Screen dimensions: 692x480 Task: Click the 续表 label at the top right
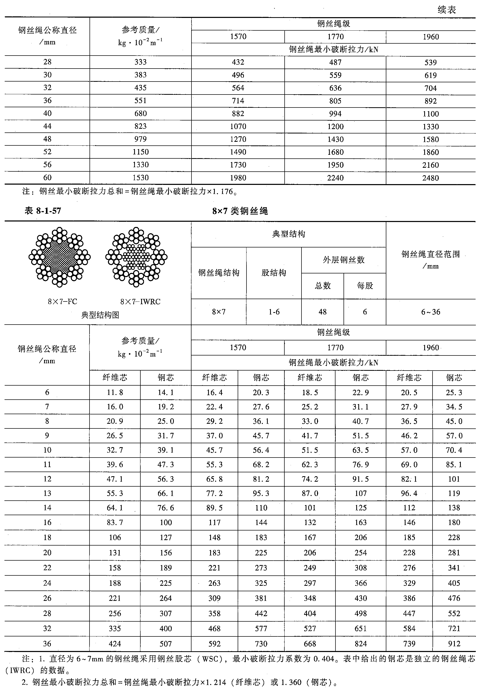pos(447,10)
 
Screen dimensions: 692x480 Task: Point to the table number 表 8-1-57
pos(43,211)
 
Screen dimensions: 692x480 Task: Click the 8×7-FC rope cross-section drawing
pos(60,257)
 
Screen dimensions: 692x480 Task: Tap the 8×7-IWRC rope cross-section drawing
pos(136,257)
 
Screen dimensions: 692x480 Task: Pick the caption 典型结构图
pos(100,315)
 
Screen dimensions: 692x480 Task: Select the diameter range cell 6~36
pos(430,312)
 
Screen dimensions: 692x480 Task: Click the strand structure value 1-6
pos(274,312)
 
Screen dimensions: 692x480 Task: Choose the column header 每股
pos(365,286)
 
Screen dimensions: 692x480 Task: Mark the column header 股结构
pos(274,273)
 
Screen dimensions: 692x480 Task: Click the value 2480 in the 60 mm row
pos(430,178)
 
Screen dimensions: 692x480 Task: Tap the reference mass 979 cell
pos(140,139)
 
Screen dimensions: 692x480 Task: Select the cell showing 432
pos(238,62)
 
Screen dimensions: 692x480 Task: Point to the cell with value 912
pos(454,644)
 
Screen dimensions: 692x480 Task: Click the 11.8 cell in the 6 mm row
pos(115,393)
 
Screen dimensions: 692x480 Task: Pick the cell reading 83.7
pos(115,522)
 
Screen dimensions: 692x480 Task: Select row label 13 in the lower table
pos(47,493)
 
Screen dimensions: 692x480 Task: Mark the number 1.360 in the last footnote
pos(291,682)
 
